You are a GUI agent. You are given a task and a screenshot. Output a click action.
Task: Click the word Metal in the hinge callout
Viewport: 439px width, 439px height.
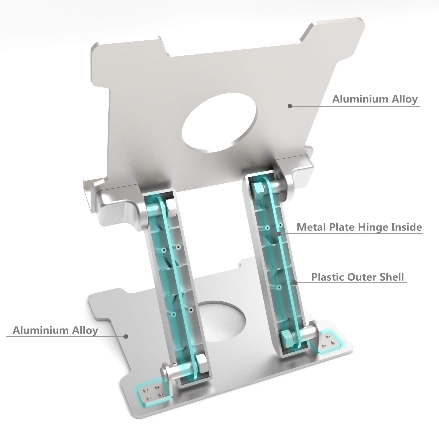(311, 227)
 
